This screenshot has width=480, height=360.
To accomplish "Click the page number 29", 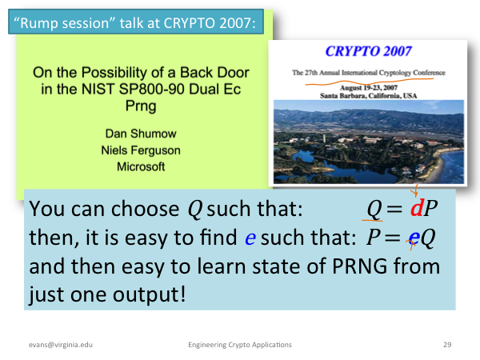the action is (447, 345).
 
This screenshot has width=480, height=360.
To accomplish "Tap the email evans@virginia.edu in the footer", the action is (61, 345).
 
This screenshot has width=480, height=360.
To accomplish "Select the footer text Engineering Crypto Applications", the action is (240, 345).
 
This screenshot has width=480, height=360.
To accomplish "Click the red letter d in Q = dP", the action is (417, 208).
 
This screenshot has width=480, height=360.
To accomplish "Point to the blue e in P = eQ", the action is (414, 238).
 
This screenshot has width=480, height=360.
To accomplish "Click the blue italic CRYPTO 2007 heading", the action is (368, 51).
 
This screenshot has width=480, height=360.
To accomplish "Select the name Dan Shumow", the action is (141, 134).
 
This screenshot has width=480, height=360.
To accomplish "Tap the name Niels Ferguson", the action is (141, 150).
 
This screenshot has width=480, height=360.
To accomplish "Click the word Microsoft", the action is (141, 167).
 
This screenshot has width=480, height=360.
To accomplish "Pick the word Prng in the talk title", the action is (141, 106).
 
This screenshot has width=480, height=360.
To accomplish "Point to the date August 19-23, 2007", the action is (369, 88).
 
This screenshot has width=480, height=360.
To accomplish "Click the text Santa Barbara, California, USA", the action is (369, 96).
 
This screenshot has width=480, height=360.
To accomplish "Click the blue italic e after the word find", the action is (250, 238).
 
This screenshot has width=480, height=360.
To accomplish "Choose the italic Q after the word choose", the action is (195, 210).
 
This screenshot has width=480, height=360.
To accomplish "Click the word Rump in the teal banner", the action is (39, 23).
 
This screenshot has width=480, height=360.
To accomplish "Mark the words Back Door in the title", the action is (214, 73).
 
